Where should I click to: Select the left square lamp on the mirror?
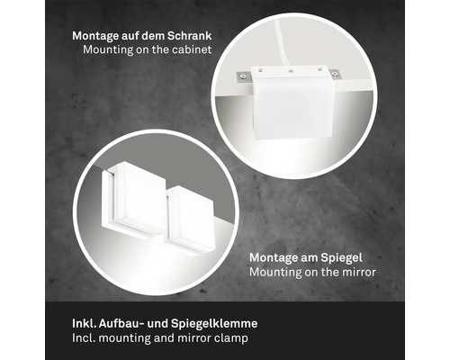pyautogui.click(x=135, y=198)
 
